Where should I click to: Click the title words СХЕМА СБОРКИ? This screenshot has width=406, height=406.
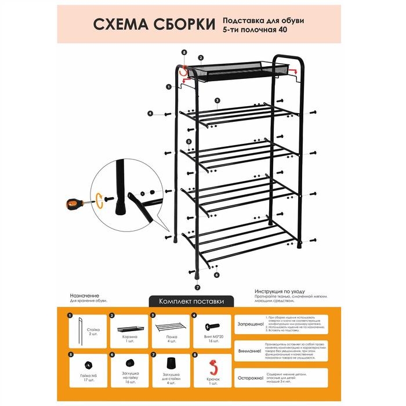click(153, 25)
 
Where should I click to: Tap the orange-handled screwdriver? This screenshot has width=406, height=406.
click(76, 204)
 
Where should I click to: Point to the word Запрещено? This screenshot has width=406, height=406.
click(249, 324)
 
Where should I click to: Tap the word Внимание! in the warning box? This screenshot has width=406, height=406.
click(249, 351)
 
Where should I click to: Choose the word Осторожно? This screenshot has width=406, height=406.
click(249, 378)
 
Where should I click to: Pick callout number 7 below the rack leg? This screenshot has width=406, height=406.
click(197, 287)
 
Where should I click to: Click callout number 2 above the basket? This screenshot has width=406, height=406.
click(200, 57)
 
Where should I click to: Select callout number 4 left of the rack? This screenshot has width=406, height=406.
click(150, 114)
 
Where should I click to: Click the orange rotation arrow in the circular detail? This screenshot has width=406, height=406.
click(101, 200)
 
